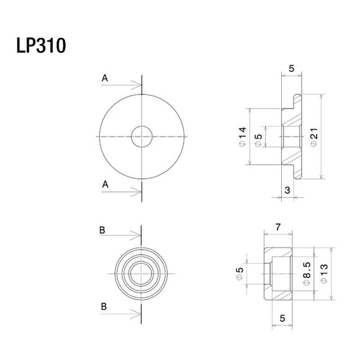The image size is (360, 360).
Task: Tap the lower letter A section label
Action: click(105, 184)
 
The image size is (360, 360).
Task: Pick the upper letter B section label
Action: click(102, 230)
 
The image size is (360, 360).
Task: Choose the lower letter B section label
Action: click(102, 305)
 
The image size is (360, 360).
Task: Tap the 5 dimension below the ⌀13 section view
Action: click(282, 317)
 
